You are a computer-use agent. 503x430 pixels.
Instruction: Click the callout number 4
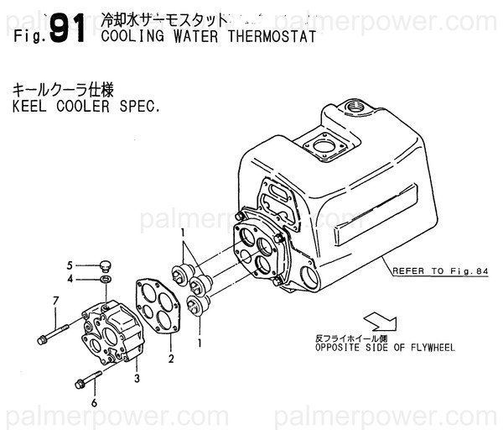(x=71, y=279)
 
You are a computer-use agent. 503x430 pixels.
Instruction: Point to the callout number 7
(x=55, y=301)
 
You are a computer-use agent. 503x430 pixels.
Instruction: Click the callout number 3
(x=137, y=378)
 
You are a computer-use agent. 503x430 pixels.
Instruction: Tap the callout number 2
(x=170, y=359)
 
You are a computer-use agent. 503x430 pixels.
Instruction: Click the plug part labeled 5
(x=105, y=262)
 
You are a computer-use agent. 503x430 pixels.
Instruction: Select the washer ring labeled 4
(x=105, y=278)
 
